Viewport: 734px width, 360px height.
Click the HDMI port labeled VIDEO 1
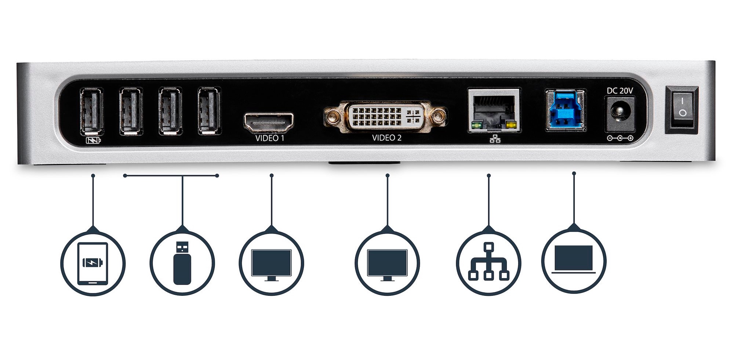[269, 123]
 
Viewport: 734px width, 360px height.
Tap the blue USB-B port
[565, 110]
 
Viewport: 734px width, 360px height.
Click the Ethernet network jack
[494, 110]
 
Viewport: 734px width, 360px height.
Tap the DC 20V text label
[620, 91]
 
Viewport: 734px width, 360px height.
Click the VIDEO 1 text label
[270, 138]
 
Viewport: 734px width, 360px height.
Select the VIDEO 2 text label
[387, 138]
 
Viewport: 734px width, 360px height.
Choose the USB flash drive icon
[182, 262]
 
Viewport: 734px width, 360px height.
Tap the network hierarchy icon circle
[488, 263]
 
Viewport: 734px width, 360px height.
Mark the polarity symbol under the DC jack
[620, 138]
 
